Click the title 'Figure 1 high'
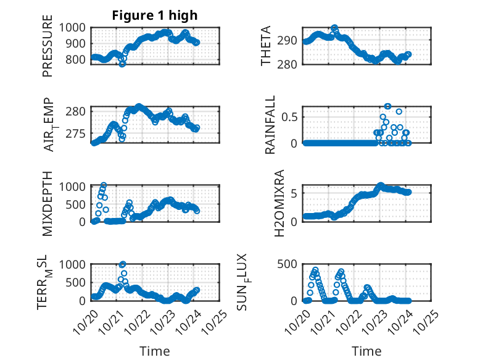point(154,15)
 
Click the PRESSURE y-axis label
point(48,51)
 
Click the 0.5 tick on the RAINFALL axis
point(291,116)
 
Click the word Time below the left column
point(155,351)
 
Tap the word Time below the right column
point(366,351)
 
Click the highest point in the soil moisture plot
point(122,264)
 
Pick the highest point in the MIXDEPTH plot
point(104,185)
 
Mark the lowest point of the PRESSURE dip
point(122,64)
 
